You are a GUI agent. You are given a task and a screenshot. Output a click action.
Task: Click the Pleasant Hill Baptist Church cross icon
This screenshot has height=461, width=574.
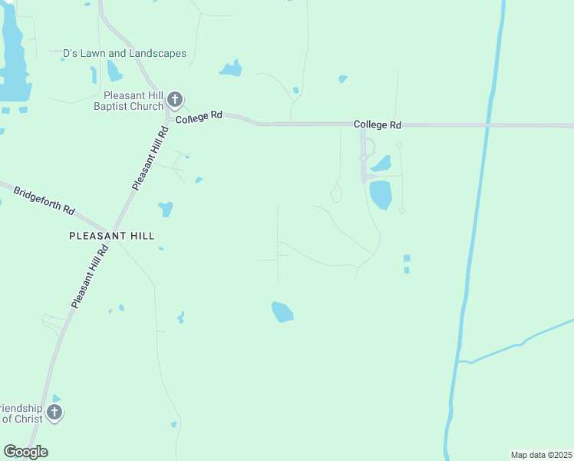[175, 99]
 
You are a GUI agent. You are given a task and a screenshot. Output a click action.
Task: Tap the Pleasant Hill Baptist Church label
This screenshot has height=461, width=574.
[128, 101]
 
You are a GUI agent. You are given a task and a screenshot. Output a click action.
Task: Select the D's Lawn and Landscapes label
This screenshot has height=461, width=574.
[124, 53]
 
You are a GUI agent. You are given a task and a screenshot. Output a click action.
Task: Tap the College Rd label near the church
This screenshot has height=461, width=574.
[198, 118]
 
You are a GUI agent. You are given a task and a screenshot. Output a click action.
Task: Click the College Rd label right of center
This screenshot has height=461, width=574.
[378, 124]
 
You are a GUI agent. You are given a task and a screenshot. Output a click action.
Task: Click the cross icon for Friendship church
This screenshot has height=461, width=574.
[54, 413]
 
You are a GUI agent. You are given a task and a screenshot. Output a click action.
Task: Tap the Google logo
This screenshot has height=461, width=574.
[25, 452]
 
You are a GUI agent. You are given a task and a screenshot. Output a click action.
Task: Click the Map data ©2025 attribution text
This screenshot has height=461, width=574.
[540, 455]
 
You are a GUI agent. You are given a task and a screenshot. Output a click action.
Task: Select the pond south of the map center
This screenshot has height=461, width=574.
[282, 311]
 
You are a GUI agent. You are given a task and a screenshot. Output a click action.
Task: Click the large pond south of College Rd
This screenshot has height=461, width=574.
[381, 194]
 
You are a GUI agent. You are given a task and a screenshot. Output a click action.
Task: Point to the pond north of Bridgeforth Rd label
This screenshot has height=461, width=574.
[166, 208]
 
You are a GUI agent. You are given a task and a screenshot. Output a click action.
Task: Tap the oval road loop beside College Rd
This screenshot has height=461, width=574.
[368, 147]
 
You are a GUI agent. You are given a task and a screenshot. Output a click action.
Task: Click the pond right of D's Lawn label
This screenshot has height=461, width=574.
[231, 68]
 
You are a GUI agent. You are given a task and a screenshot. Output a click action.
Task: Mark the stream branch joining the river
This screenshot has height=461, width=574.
[522, 342]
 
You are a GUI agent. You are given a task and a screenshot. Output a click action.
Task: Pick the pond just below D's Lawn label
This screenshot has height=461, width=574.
[114, 71]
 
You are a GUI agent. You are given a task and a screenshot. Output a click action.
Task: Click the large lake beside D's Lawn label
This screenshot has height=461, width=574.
[14, 61]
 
